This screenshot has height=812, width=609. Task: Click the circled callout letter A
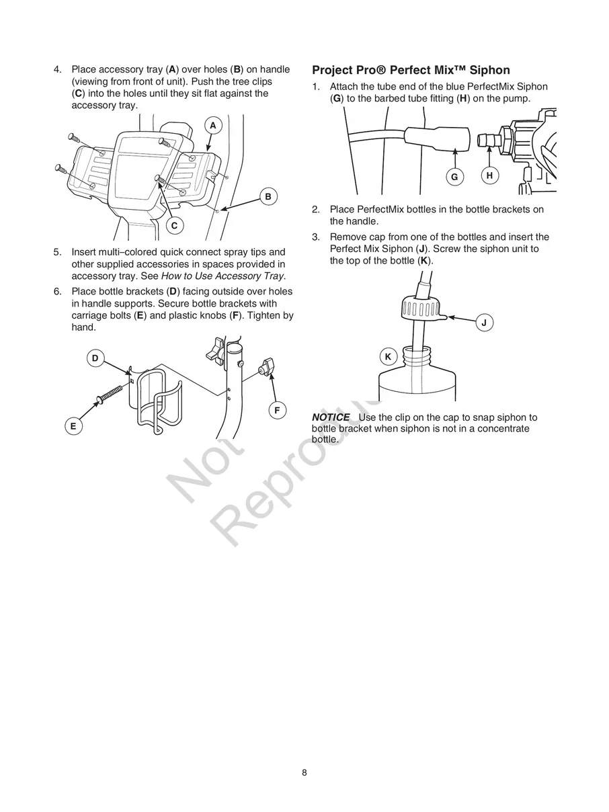click(212, 126)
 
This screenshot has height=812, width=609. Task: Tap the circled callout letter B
click(268, 196)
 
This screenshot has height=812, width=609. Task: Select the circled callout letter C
click(174, 226)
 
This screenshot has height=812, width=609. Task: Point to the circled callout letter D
click(95, 358)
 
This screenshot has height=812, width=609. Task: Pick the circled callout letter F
click(276, 410)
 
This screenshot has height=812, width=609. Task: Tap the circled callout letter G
click(454, 177)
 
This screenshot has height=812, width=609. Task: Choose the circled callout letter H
click(489, 175)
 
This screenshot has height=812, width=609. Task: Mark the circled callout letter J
click(484, 323)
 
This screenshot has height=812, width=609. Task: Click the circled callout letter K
click(388, 357)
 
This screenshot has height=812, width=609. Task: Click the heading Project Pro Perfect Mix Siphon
click(411, 70)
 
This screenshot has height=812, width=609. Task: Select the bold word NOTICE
click(330, 417)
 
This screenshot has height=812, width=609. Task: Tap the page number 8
click(304, 772)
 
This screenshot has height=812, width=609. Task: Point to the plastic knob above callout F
click(265, 366)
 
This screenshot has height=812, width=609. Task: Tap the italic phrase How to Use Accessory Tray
click(223, 276)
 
